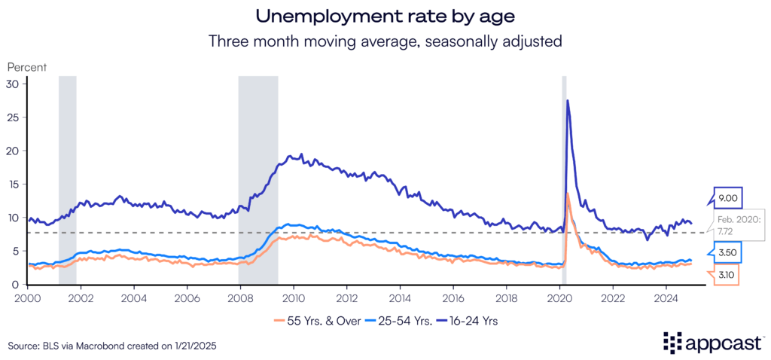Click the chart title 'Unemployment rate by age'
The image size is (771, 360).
[385, 16]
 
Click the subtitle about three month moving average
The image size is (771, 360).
[385, 41]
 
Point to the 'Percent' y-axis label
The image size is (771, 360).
[27, 66]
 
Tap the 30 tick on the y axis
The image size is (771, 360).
[12, 84]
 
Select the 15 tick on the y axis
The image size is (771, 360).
[12, 184]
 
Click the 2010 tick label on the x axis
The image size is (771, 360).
[293, 297]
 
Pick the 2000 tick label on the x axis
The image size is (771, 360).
[28, 297]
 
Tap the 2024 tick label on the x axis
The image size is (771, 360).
[665, 297]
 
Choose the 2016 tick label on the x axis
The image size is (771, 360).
[453, 297]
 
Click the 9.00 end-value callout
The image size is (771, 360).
[727, 197]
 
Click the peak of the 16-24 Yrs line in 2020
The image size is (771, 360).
[567, 100]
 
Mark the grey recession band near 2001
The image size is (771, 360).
[68, 181]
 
